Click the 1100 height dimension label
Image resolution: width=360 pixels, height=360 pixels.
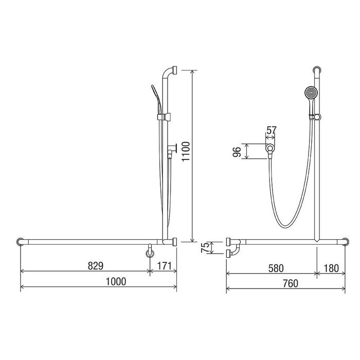point(186,152)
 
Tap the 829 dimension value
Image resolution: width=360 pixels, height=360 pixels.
point(96,266)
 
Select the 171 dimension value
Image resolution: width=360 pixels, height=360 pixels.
point(165,266)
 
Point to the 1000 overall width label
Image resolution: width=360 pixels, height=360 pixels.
point(116,281)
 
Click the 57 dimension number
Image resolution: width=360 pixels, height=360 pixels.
point(271,130)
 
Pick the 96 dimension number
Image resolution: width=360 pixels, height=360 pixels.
point(237,152)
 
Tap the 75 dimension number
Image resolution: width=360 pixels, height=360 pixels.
point(205,247)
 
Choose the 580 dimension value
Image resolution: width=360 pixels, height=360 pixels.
point(276,268)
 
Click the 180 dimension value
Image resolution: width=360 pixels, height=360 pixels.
point(331,268)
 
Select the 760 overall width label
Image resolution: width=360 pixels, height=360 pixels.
point(291,283)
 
